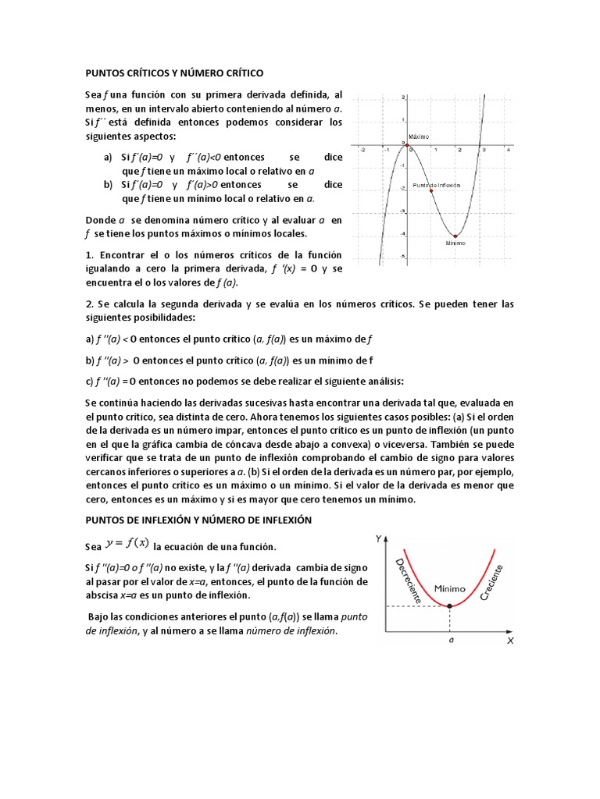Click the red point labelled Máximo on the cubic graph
[x=406, y=145]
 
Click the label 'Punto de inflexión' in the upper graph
[x=437, y=185]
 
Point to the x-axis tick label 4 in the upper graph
[x=507, y=152]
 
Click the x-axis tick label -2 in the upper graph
[x=361, y=152]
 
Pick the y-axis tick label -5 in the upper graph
[x=402, y=257]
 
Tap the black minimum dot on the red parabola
[x=450, y=605]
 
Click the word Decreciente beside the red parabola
[x=409, y=581]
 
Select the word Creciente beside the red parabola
[x=495, y=582]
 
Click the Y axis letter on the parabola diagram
[x=378, y=538]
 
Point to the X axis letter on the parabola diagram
[x=509, y=641]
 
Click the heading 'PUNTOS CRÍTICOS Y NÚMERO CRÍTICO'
[x=174, y=73]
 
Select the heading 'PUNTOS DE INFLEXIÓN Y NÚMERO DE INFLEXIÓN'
[x=198, y=520]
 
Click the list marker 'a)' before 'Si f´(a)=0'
[x=109, y=158]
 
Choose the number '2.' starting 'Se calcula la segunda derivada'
[x=89, y=303]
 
